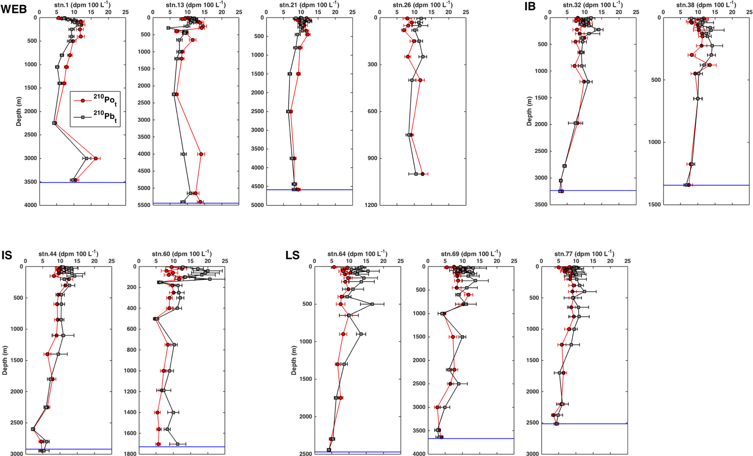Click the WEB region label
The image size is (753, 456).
(x=13, y=9)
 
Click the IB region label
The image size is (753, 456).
(x=530, y=6)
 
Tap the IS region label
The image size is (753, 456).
(x=7, y=255)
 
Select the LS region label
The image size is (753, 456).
(x=293, y=255)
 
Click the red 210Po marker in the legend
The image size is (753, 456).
(x=83, y=101)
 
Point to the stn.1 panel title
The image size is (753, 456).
(x=82, y=5)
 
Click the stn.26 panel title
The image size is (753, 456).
(x=423, y=5)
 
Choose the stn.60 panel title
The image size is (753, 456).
(x=181, y=253)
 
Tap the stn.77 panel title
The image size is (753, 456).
(x=584, y=253)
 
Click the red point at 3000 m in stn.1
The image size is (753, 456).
(x=95, y=158)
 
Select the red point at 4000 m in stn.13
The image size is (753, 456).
(x=201, y=154)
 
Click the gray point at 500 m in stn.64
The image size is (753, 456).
(x=372, y=304)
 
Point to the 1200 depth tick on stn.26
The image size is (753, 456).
(x=371, y=205)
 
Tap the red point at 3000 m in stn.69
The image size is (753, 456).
(x=437, y=407)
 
